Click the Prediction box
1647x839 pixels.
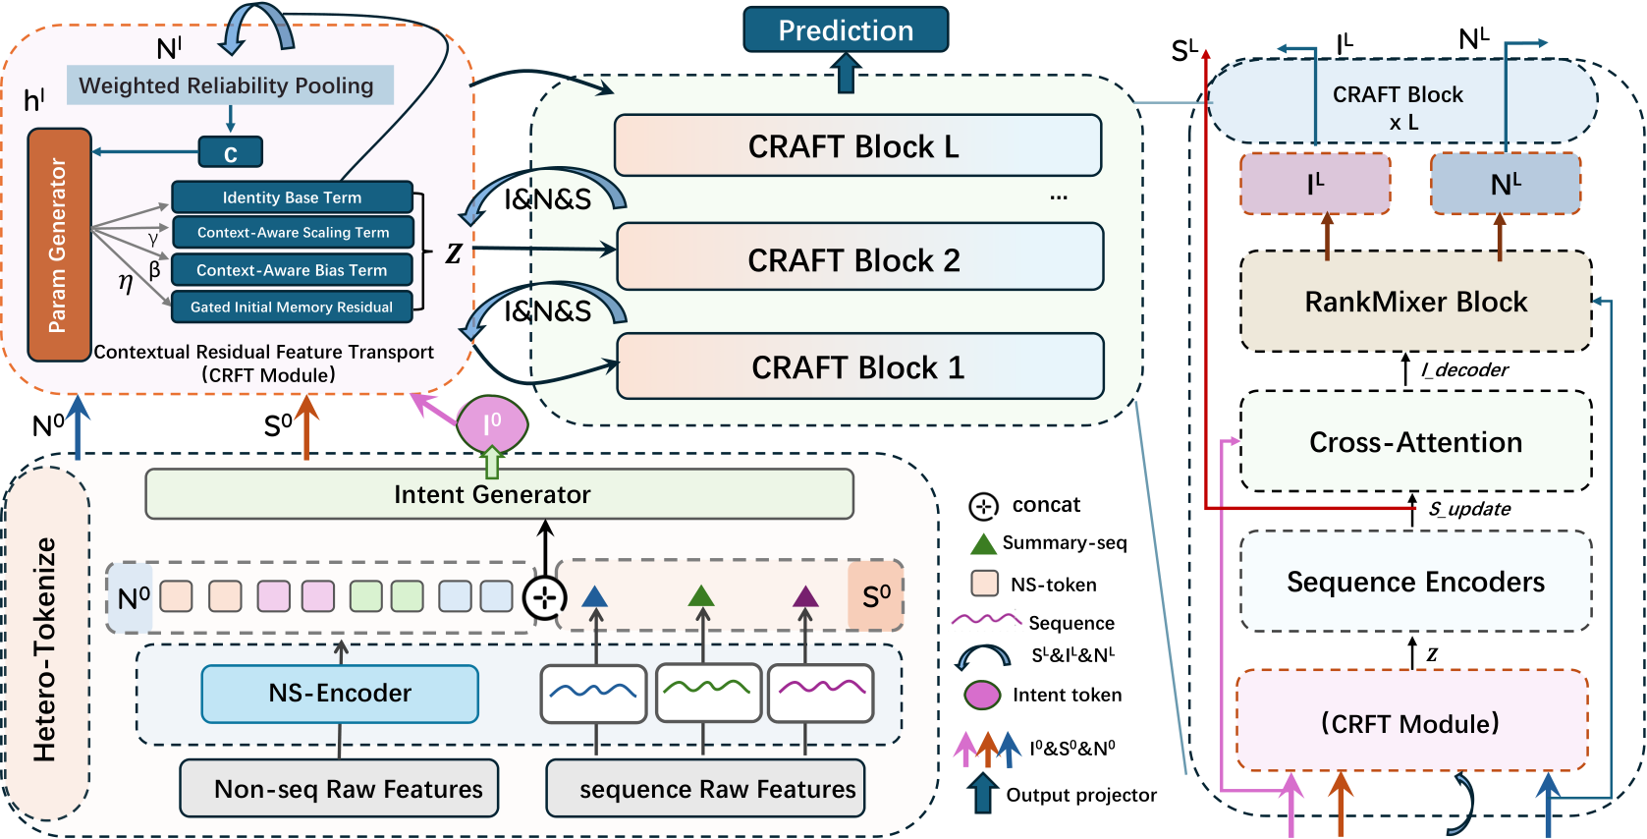pyautogui.click(x=846, y=30)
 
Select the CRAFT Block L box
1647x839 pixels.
pyautogui.click(x=857, y=145)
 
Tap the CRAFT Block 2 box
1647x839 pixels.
pyautogui.click(x=859, y=256)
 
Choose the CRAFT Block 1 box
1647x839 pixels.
pyautogui.click(x=859, y=366)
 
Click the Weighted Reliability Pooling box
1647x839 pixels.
pyautogui.click(x=230, y=85)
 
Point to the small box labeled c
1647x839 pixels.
pyautogui.click(x=230, y=152)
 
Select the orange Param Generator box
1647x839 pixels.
pyautogui.click(x=60, y=245)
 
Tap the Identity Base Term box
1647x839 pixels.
pyautogui.click(x=292, y=197)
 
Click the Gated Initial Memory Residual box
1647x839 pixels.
pyautogui.click(x=292, y=307)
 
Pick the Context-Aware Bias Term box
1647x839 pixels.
pyautogui.click(x=292, y=270)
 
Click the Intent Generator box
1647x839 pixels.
pyautogui.click(x=499, y=494)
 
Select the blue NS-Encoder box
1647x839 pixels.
pyautogui.click(x=340, y=694)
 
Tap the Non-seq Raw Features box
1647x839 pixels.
pyautogui.click(x=339, y=788)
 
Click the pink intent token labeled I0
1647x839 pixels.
pyautogui.click(x=492, y=424)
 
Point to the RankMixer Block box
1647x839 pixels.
pyautogui.click(x=1416, y=302)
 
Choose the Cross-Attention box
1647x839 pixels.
pyautogui.click(x=1416, y=441)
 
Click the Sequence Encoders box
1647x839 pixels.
pyautogui.click(x=1416, y=581)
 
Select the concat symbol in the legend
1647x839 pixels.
pyautogui.click(x=983, y=506)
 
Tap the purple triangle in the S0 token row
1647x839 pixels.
pyautogui.click(x=806, y=596)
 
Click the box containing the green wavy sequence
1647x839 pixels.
pyautogui.click(x=708, y=694)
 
